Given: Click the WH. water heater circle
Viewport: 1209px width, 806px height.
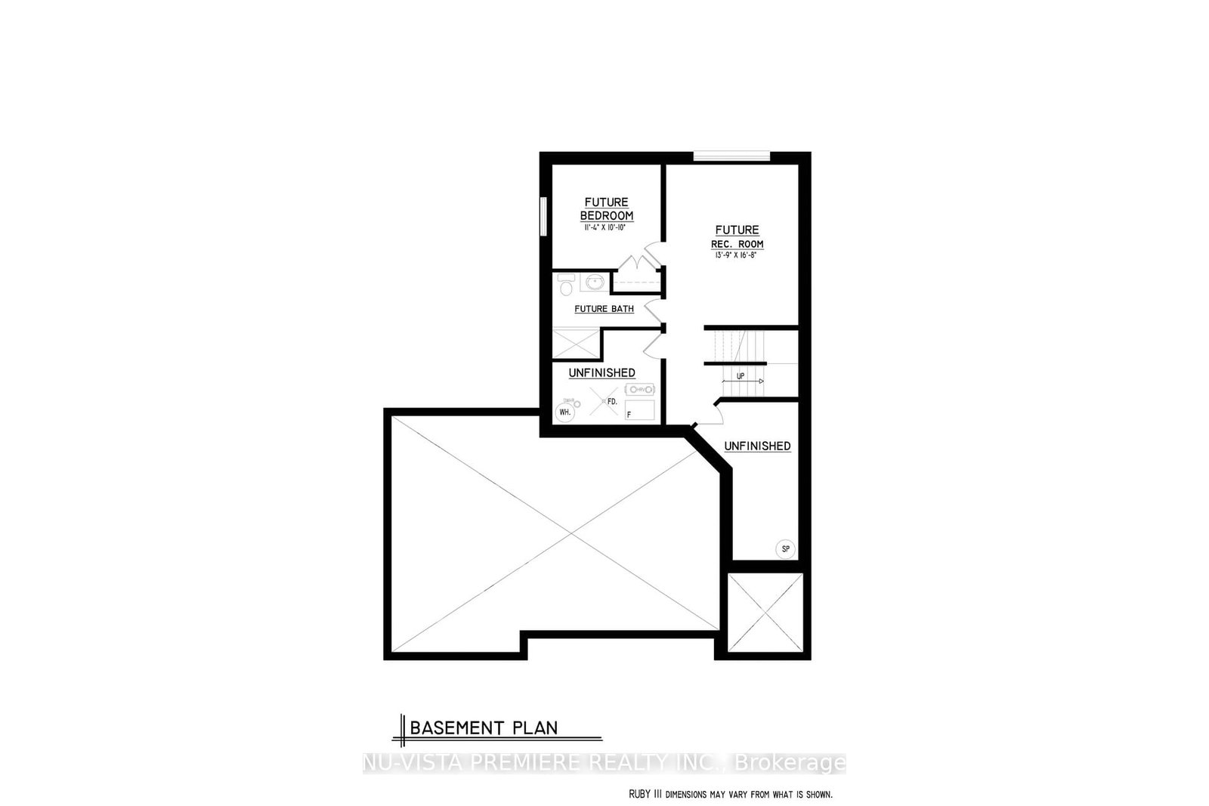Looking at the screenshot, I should click(x=564, y=412).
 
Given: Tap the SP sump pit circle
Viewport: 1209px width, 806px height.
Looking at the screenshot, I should click(x=785, y=549).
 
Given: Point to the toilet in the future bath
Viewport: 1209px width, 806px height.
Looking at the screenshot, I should click(x=565, y=286).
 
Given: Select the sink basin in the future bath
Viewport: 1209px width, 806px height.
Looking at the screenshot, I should click(x=594, y=283).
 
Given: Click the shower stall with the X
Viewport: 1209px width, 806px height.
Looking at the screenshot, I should click(x=575, y=343).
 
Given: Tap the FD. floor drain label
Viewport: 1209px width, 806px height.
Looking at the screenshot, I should click(x=612, y=402).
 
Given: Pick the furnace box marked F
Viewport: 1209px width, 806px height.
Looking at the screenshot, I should click(x=639, y=410).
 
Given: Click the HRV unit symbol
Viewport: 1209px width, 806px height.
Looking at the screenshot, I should click(x=640, y=389).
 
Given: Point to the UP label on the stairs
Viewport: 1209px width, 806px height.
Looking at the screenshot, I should click(x=741, y=375).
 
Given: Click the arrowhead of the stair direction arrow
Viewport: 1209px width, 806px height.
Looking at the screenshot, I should click(x=761, y=381).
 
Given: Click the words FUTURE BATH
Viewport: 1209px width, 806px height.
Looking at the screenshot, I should click(x=604, y=309).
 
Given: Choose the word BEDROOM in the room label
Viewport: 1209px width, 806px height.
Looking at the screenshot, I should click(x=607, y=216).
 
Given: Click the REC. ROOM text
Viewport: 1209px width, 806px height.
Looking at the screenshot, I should click(x=737, y=244).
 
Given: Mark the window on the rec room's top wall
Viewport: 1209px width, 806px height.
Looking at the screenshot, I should click(x=731, y=157).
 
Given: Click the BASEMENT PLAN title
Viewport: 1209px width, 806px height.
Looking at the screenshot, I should click(x=484, y=728).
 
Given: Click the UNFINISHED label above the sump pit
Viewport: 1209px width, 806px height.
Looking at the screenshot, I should click(x=757, y=446).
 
